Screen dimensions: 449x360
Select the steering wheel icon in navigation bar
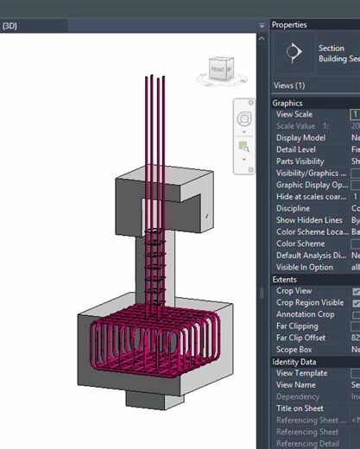coord(244,119)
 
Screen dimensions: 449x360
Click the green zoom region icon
coord(244,147)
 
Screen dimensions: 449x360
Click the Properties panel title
coord(289,24)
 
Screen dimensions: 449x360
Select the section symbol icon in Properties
coord(294,53)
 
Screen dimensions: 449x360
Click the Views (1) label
coord(288,85)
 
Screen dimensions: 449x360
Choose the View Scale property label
coord(294,114)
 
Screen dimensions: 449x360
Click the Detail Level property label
coord(298,149)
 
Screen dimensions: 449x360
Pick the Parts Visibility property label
coord(301,161)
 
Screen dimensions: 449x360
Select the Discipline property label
coord(294,208)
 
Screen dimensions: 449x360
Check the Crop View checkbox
coord(356,292)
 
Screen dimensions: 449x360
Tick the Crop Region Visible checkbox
coord(356,303)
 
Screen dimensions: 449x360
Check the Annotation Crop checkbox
coord(356,315)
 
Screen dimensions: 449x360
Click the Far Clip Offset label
coord(302,338)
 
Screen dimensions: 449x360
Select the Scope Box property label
coord(296,350)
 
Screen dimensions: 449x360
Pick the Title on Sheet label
coord(301,408)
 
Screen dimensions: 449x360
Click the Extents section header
coord(287,280)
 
